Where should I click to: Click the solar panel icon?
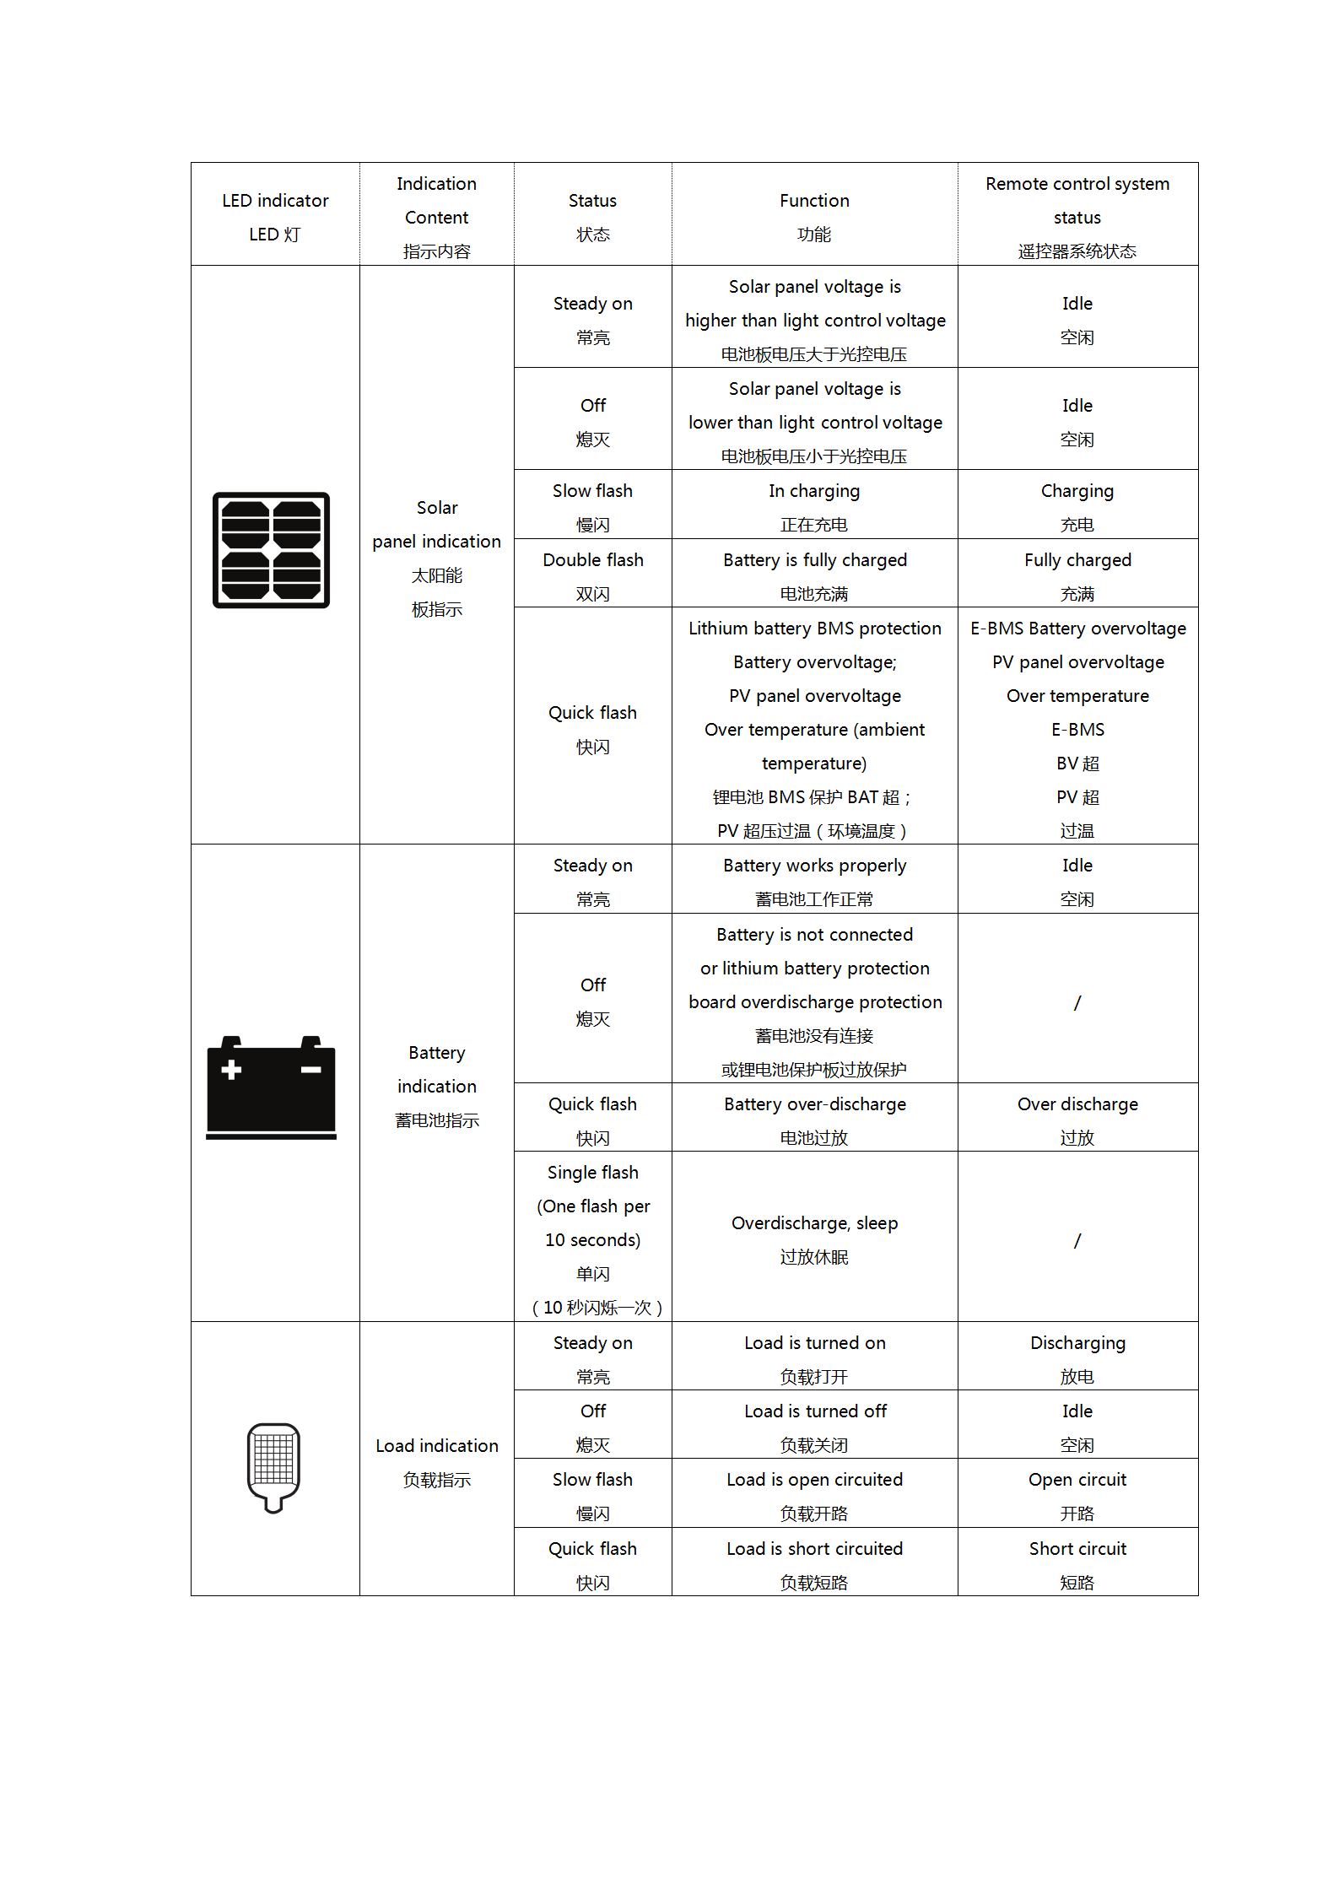[271, 550]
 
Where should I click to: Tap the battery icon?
[271, 1087]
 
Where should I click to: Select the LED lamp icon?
[273, 1467]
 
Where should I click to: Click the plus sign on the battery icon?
[231, 1070]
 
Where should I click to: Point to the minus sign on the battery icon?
[310, 1070]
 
